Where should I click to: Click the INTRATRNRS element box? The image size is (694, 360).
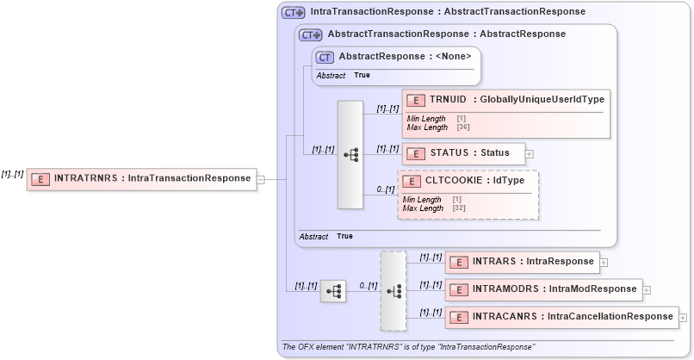(141, 179)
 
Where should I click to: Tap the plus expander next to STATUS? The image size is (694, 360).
(530, 154)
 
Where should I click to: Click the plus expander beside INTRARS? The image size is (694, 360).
(604, 263)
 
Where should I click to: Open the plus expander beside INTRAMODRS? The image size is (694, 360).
(647, 290)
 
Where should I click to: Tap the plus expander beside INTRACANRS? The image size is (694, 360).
(684, 318)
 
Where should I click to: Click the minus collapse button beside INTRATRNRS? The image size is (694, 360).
(261, 180)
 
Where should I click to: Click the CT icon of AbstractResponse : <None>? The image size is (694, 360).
(325, 57)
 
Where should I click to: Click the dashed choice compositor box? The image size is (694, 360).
(393, 291)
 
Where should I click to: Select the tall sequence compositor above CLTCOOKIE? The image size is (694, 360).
(350, 154)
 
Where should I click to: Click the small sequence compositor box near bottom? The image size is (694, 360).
(332, 292)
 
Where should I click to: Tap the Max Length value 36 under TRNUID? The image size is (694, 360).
(462, 127)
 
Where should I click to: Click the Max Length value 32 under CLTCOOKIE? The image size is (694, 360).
(458, 208)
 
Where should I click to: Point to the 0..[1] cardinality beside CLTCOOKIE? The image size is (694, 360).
(384, 189)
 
